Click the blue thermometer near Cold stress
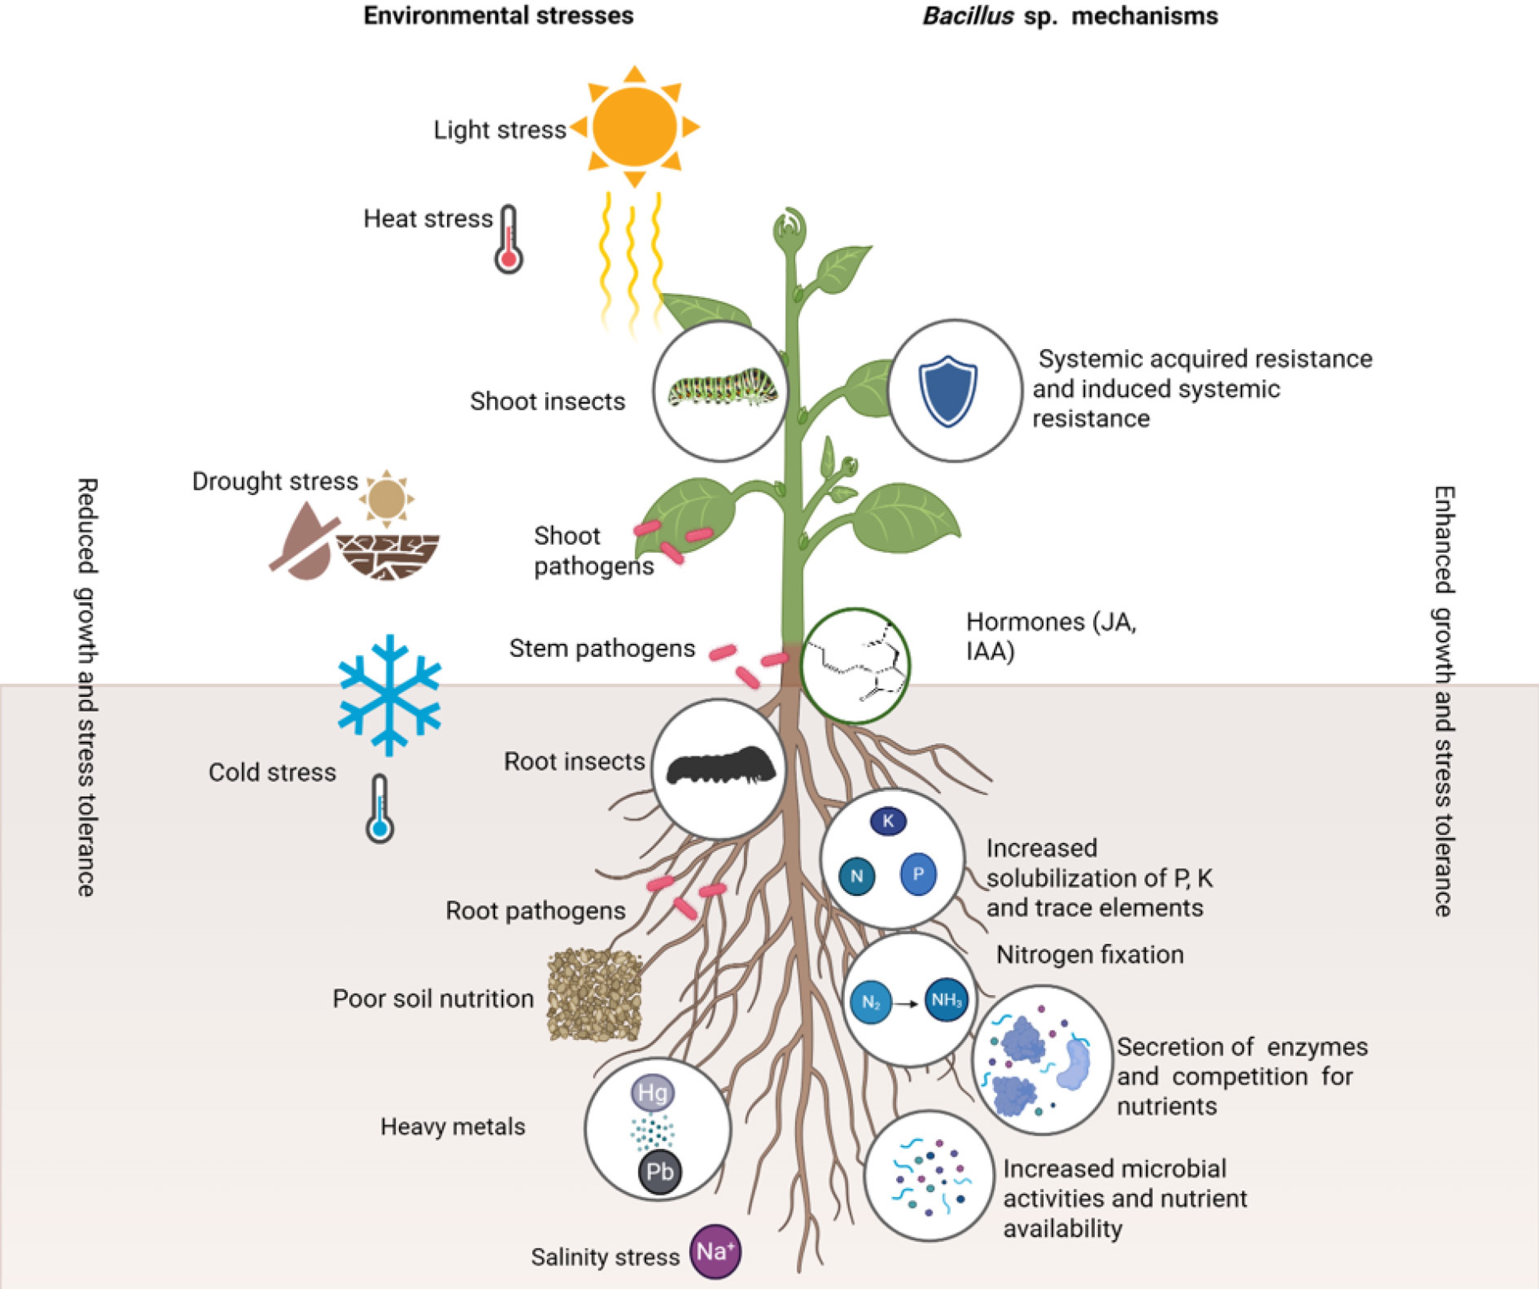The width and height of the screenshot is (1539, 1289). pyautogui.click(x=379, y=809)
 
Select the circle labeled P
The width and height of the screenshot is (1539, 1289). pyautogui.click(x=918, y=873)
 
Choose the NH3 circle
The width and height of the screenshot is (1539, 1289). pyautogui.click(x=946, y=1000)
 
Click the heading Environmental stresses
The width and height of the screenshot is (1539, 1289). pyautogui.click(x=498, y=16)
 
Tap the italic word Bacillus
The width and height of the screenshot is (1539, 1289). pyautogui.click(x=967, y=16)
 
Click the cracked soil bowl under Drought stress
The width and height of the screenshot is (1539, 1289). pyautogui.click(x=388, y=556)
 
